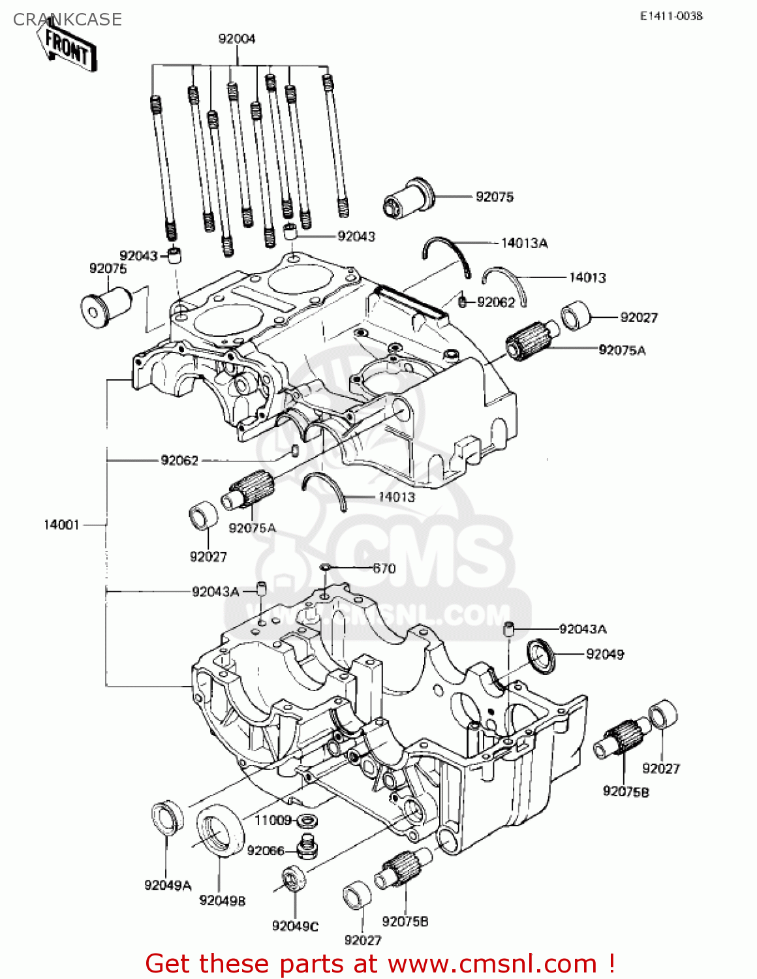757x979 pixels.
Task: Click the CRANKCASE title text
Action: (67, 20)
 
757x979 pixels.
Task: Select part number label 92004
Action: (237, 39)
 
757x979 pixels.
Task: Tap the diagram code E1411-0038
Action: (671, 16)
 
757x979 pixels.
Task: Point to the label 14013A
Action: (524, 243)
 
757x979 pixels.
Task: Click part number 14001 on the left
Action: (61, 525)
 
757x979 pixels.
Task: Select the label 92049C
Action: (295, 926)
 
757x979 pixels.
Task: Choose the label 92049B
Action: (223, 901)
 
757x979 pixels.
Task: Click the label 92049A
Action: (168, 886)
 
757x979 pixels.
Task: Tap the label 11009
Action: (273, 820)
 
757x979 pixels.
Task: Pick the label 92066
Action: (266, 850)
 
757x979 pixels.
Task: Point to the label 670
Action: (384, 568)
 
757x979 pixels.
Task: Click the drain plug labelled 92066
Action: (307, 847)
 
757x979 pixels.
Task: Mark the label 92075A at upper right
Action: (622, 350)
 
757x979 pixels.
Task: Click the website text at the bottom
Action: (380, 963)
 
